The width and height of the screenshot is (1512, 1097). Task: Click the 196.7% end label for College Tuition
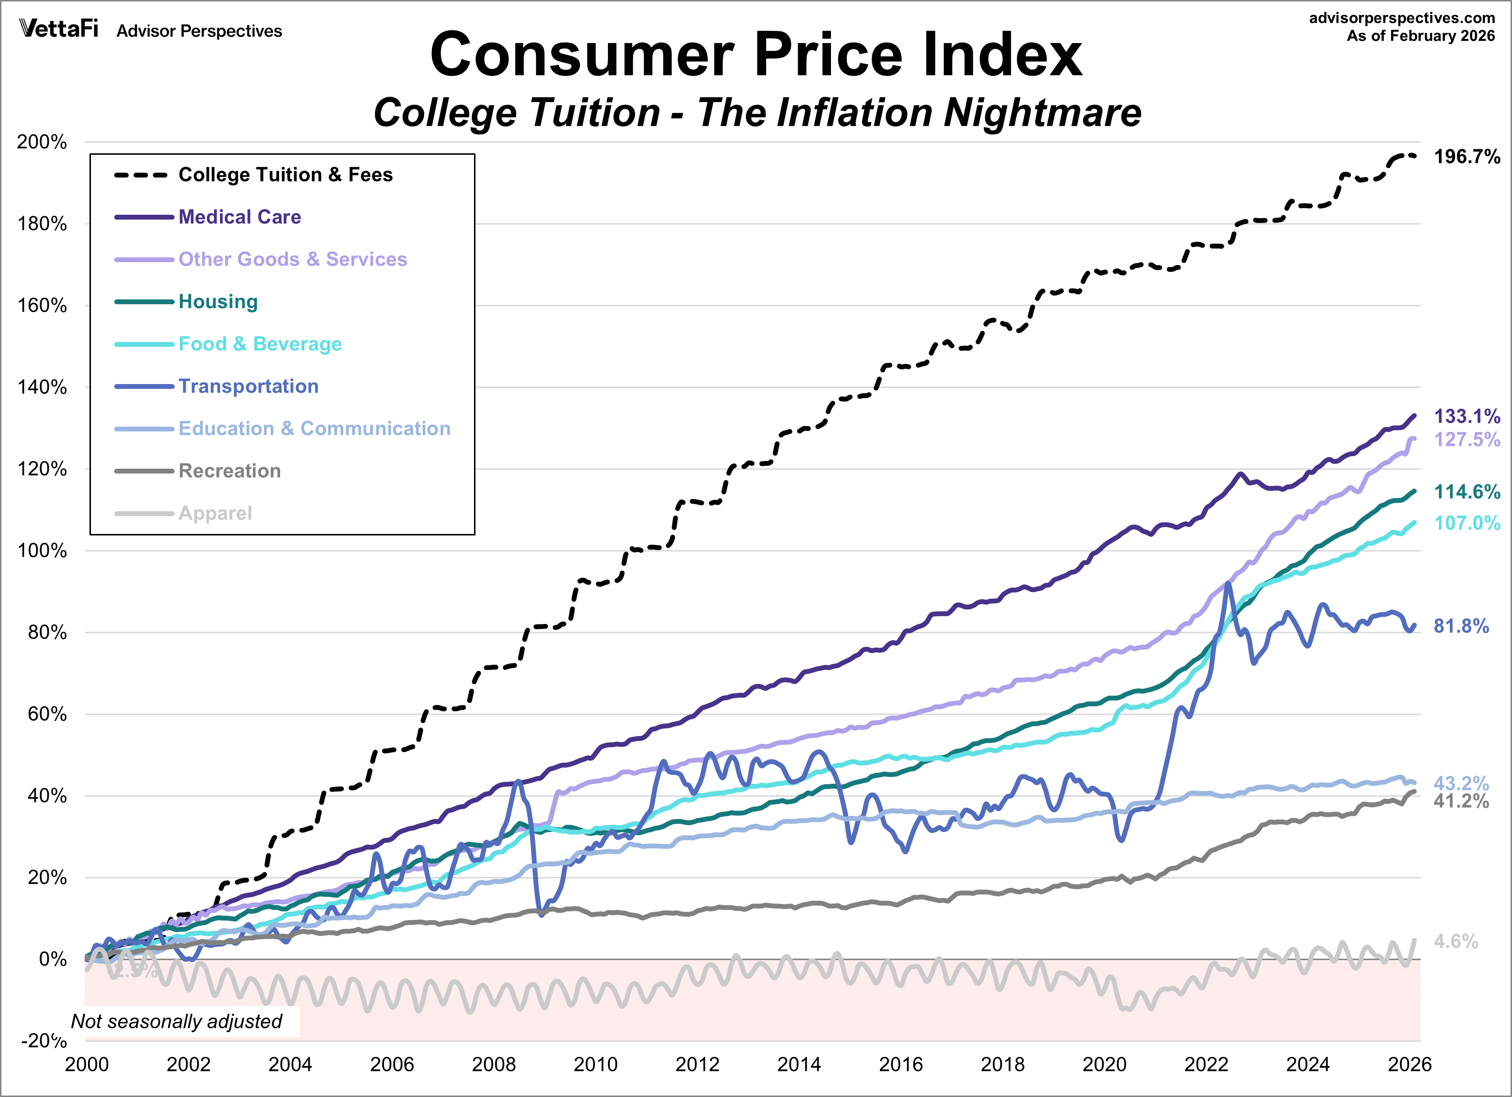pos(1466,157)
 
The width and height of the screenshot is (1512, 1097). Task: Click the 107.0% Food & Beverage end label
pos(1466,523)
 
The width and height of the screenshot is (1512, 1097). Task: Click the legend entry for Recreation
pos(229,471)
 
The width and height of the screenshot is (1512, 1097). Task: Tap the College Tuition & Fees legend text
pos(285,175)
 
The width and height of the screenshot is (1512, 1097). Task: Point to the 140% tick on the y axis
pos(42,387)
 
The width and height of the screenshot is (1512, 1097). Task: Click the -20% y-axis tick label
pos(44,1040)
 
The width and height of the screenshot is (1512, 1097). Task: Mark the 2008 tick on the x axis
pos(493,1064)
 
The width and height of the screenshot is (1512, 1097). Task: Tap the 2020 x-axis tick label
pos(1104,1064)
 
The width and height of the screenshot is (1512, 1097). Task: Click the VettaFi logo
pos(59,29)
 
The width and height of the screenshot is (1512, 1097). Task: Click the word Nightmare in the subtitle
pos(1042,112)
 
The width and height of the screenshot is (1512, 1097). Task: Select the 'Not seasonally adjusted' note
pos(177,1021)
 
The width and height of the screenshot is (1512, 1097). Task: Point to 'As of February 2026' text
pos(1420,36)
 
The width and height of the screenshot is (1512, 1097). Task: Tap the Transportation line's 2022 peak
pos(1227,584)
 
